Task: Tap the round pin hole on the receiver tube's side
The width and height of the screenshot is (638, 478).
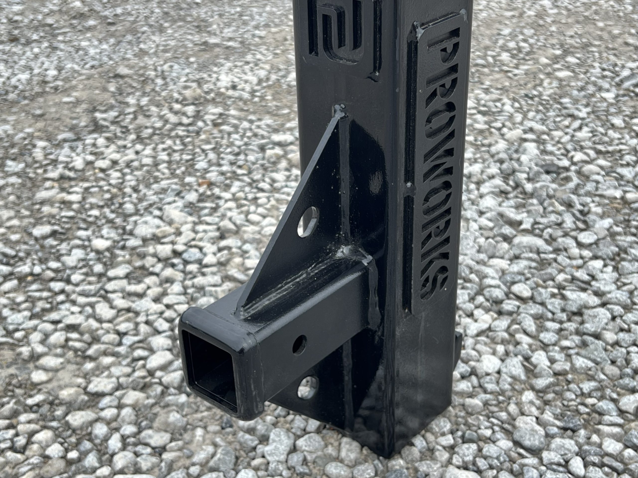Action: [299, 344]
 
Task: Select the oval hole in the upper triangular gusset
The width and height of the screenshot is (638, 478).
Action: [308, 222]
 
